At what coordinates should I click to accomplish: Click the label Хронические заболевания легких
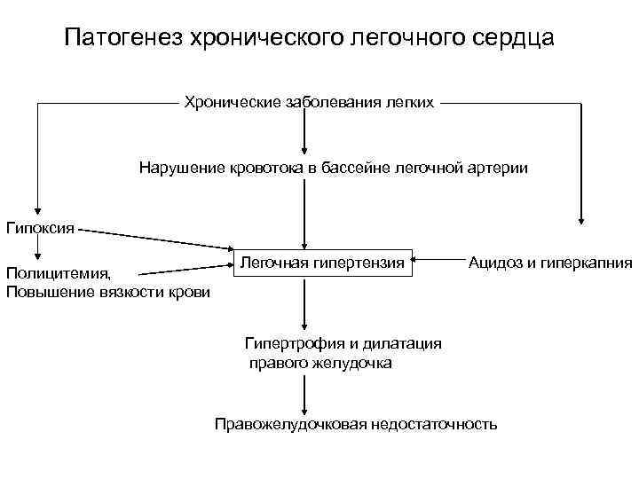tap(309, 103)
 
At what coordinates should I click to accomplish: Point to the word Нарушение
tap(179, 167)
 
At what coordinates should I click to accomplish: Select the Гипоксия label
tap(41, 227)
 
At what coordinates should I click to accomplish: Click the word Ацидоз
tap(493, 263)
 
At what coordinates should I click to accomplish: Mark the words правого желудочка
tap(319, 363)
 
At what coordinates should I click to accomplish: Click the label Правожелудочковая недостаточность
tap(356, 423)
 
